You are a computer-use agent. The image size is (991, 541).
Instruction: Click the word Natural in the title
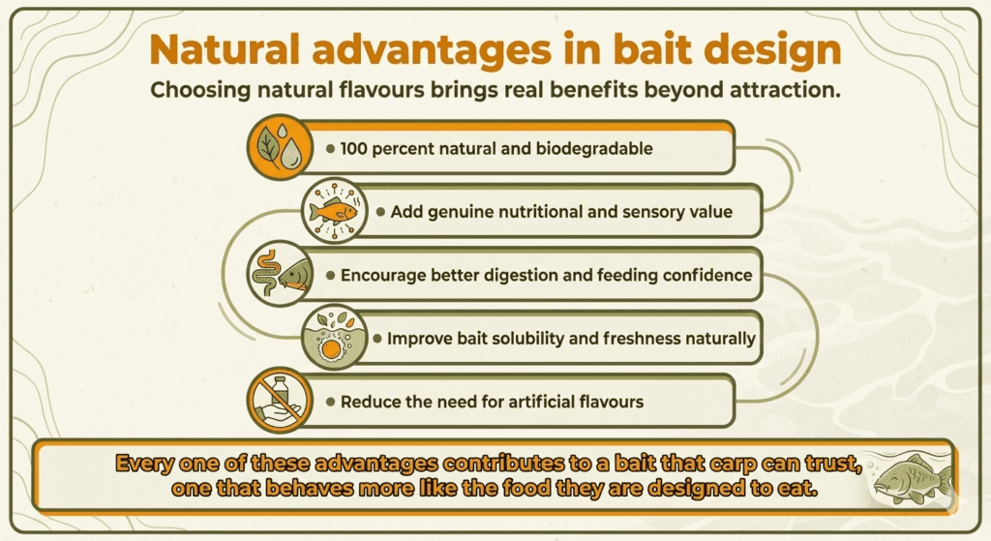225,49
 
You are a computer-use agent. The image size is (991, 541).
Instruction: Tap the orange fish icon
334,211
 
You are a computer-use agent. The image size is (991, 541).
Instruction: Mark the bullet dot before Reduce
330,402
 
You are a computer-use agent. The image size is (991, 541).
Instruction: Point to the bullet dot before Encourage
330,276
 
